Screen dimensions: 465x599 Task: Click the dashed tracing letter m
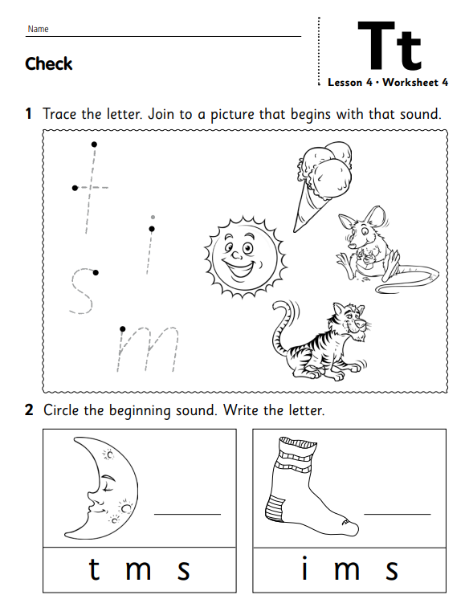tap(147, 349)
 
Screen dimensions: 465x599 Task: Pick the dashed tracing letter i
tap(150, 244)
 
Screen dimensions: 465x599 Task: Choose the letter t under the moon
tap(95, 568)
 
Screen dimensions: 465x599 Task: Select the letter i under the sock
tap(304, 568)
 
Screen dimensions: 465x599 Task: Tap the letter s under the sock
tap(392, 571)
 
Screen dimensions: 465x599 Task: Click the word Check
tap(48, 63)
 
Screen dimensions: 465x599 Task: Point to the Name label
tap(39, 29)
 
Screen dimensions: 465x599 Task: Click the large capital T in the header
tap(376, 45)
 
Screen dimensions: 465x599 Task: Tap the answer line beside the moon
tap(187, 514)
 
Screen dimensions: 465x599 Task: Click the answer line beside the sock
tap(398, 514)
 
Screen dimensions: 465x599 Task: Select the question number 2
tap(29, 410)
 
